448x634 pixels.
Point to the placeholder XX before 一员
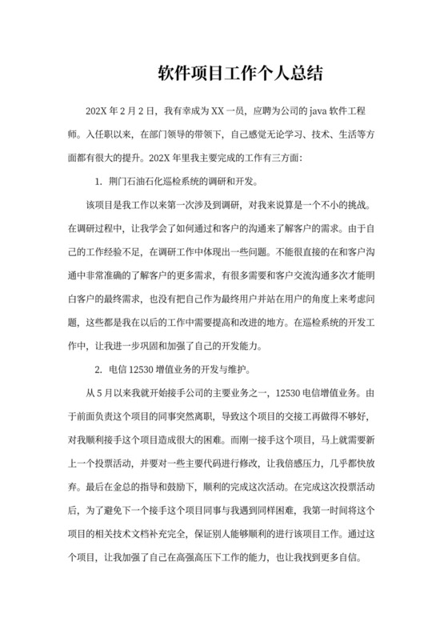tap(222, 110)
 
